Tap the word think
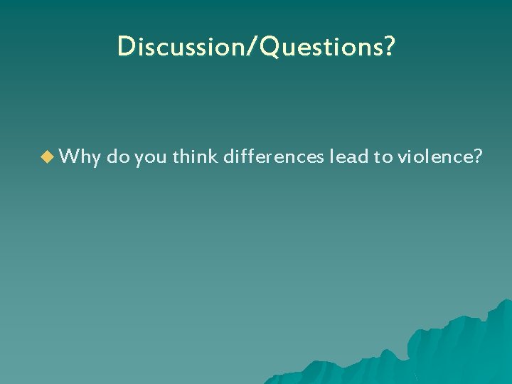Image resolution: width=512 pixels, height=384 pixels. tap(195, 157)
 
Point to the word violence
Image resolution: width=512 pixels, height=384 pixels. tap(434, 157)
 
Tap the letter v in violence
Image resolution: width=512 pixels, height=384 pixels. tap(401, 159)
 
